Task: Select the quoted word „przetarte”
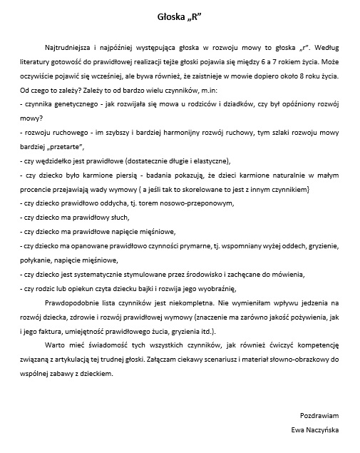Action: point(65,146)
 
